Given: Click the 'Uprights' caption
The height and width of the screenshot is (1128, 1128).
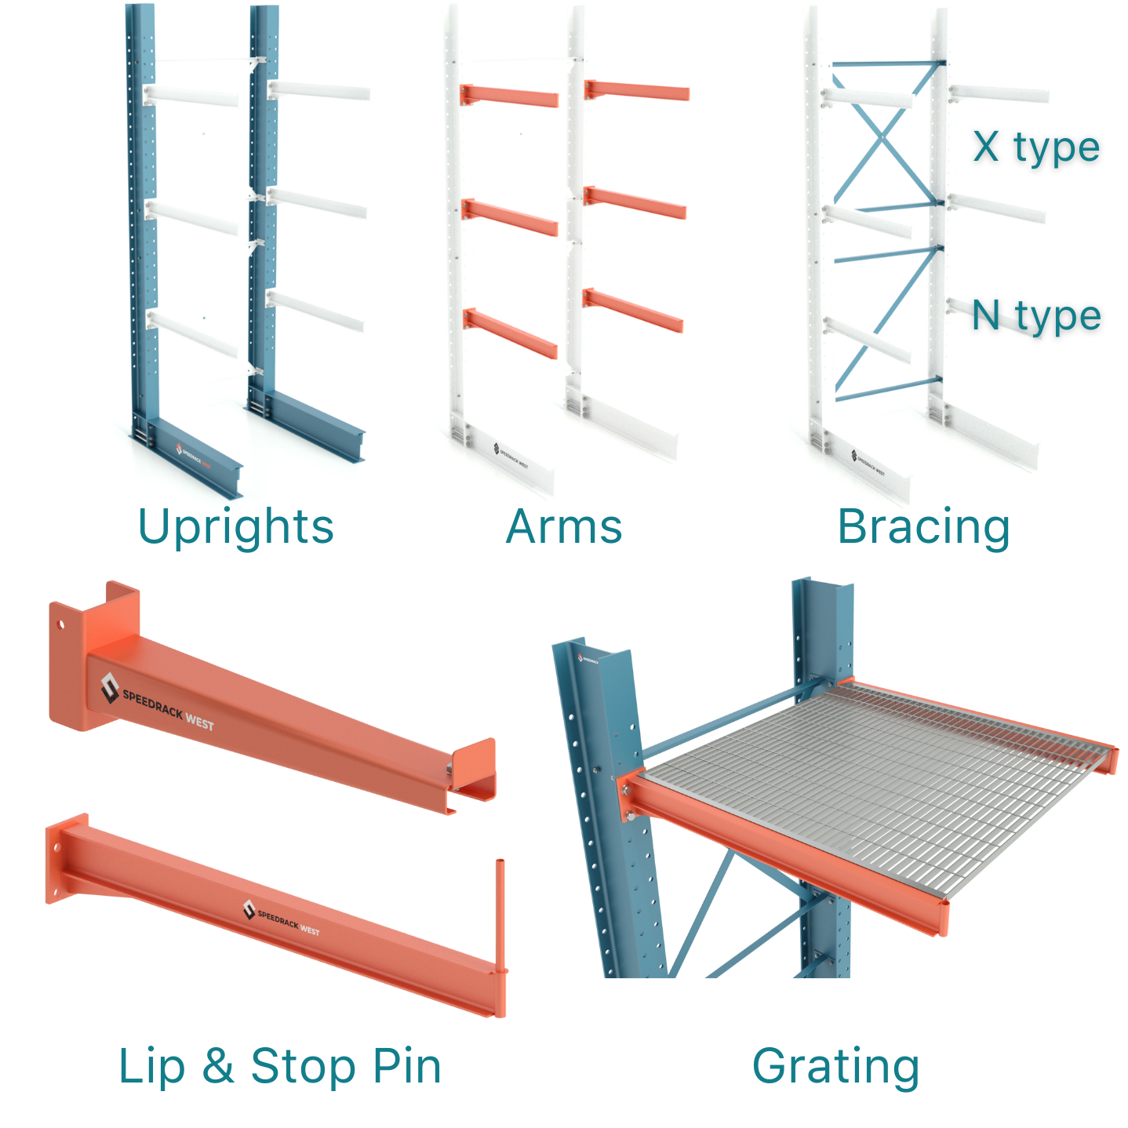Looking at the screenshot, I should click(x=235, y=526).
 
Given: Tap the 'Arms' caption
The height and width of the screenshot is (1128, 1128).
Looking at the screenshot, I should click(x=564, y=526).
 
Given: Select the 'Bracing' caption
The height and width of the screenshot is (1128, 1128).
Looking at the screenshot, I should click(x=923, y=526).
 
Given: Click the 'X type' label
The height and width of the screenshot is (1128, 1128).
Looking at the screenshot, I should click(x=1035, y=147).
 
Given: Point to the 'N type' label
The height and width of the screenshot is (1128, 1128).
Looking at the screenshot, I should click(x=1035, y=316).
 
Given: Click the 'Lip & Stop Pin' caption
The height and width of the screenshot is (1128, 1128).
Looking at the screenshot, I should click(x=280, y=1066).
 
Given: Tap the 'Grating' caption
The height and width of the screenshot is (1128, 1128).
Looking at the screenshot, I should click(x=835, y=1066).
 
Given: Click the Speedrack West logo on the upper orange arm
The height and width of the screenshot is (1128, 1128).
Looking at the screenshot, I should click(x=157, y=702).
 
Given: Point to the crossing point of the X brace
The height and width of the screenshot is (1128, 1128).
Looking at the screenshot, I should click(x=882, y=138).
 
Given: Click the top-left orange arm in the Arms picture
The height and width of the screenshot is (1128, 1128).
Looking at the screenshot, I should click(x=509, y=96).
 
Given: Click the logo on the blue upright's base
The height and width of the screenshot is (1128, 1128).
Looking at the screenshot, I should click(x=193, y=455).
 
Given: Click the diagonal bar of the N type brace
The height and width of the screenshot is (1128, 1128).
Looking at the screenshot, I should click(x=886, y=322).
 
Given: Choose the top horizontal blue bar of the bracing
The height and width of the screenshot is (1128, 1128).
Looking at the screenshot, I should click(x=886, y=64).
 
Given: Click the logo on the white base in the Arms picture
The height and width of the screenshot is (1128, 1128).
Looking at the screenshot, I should click(x=511, y=456).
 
